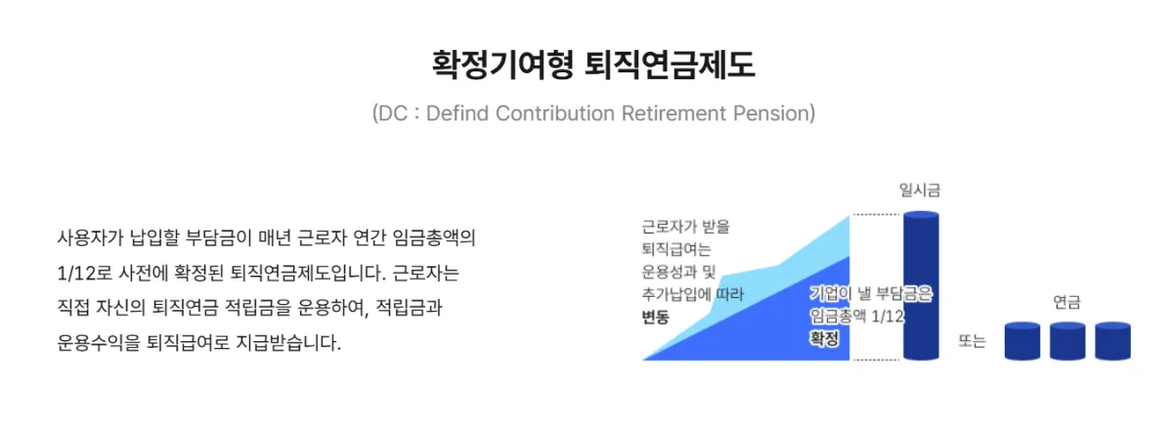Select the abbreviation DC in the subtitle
pyautogui.click(x=394, y=113)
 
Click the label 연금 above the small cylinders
pyautogui.click(x=1066, y=303)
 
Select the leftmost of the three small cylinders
pyautogui.click(x=1022, y=340)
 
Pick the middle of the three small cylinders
pyautogui.click(x=1067, y=340)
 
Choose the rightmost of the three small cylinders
pyautogui.click(x=1112, y=340)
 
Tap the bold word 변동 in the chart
pyautogui.click(x=657, y=317)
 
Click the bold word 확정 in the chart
pyautogui.click(x=824, y=338)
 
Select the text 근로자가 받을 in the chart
pyautogui.click(x=686, y=227)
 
